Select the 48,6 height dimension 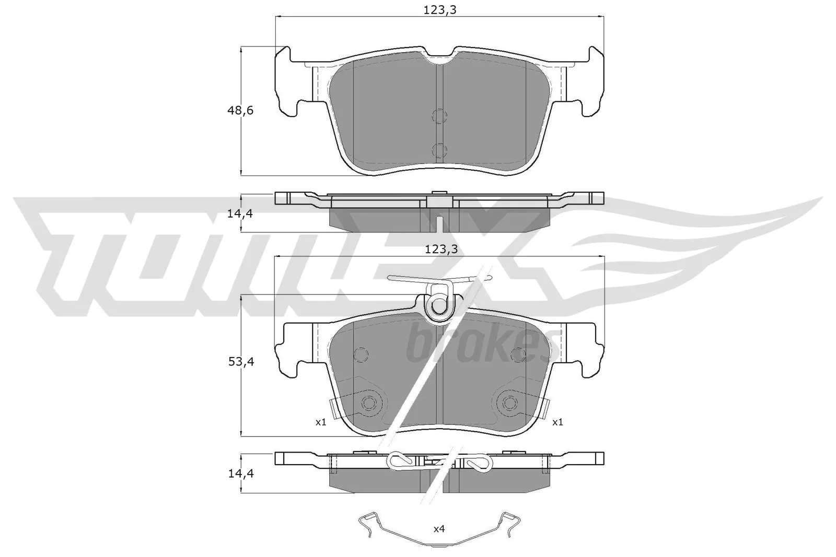click(x=240, y=111)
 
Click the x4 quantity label click(x=439, y=529)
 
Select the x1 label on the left click(x=321, y=422)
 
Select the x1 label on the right click(x=558, y=422)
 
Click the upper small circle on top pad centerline click(x=439, y=116)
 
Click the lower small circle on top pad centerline click(x=439, y=150)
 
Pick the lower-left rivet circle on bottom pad click(x=369, y=402)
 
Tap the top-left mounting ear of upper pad click(x=284, y=57)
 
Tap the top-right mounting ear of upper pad click(x=595, y=57)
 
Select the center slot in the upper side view click(x=439, y=223)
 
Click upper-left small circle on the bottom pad click(x=361, y=354)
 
